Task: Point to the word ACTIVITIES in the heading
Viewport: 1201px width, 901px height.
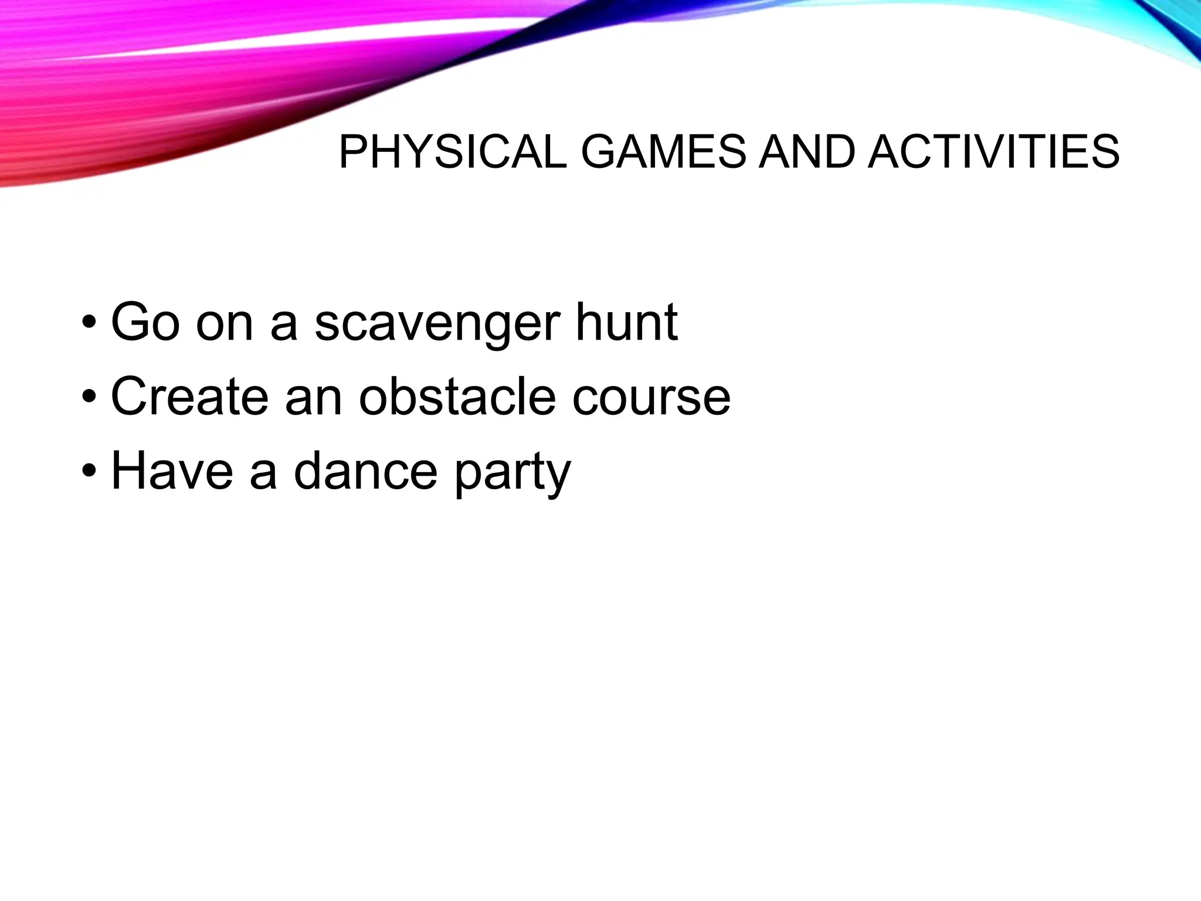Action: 993,153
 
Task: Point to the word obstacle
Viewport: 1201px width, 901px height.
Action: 457,397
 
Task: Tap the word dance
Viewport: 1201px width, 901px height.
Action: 365,471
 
